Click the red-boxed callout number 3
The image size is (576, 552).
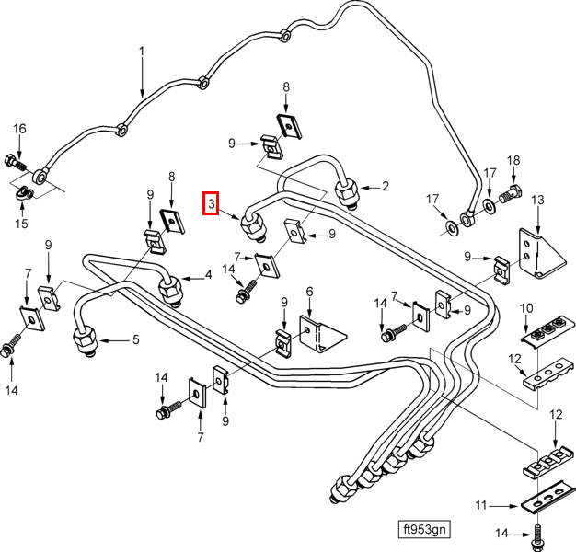[212, 203]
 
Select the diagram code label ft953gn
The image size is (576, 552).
[424, 529]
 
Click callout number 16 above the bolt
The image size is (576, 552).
[19, 129]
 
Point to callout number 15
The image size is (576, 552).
[21, 223]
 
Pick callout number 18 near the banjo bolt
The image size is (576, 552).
[513, 160]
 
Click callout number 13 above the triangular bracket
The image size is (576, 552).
[537, 200]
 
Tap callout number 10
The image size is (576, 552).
[526, 308]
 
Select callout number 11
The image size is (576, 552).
[481, 505]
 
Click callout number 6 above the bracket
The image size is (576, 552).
[310, 292]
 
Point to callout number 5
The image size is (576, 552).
[136, 339]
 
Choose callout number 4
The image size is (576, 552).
[208, 274]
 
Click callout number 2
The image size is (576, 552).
[385, 186]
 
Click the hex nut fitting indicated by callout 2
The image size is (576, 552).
[347, 193]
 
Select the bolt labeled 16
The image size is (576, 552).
[15, 163]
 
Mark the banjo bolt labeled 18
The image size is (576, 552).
[511, 194]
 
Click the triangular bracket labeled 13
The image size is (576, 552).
[541, 253]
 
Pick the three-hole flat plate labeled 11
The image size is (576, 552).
[547, 497]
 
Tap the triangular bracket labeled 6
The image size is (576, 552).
[321, 335]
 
